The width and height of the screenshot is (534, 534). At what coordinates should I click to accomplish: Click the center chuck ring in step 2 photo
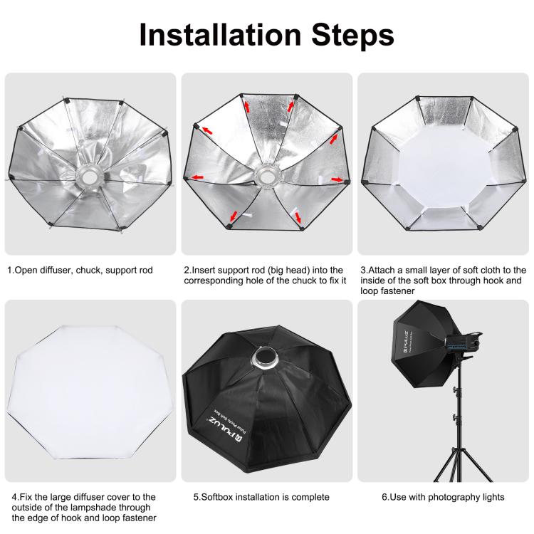[x=268, y=174]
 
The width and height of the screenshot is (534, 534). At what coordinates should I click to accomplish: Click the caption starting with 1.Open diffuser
[x=80, y=271]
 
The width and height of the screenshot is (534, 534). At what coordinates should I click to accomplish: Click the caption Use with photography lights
[x=441, y=497]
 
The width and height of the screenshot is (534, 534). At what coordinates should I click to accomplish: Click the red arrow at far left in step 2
[x=206, y=130]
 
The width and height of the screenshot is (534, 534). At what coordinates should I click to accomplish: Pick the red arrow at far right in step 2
[x=337, y=179]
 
